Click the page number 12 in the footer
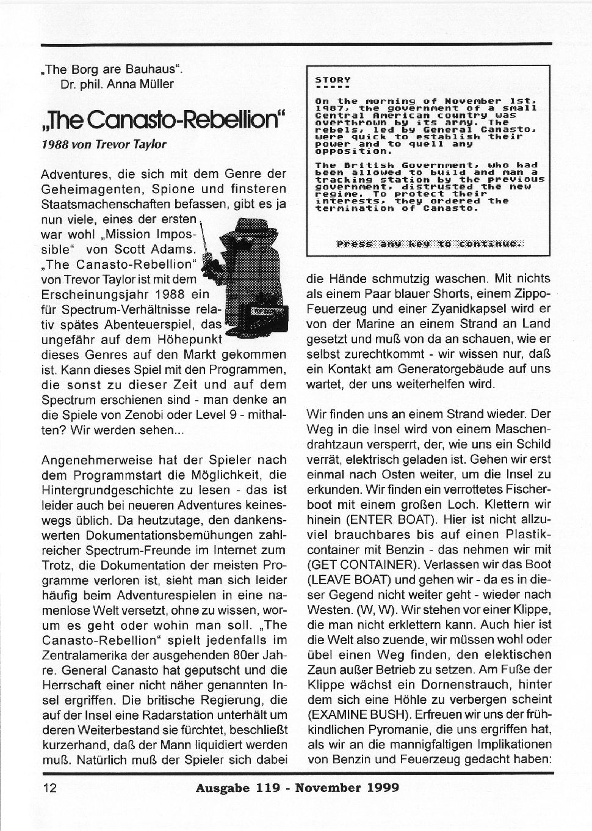click(x=49, y=788)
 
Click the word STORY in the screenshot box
click(x=333, y=79)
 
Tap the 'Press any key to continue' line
click(x=430, y=244)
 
